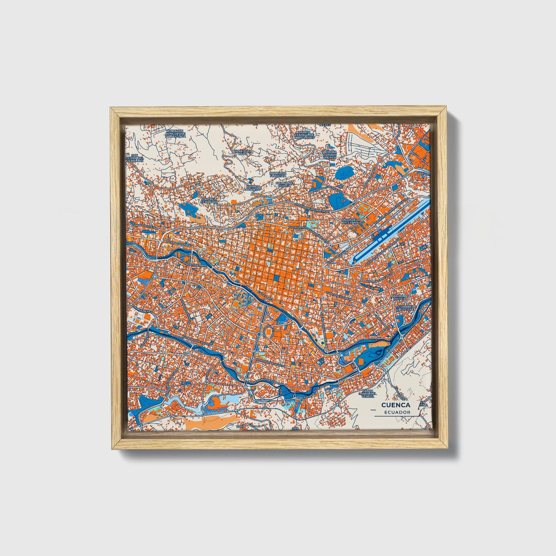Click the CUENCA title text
[396, 405]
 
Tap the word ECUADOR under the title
[397, 412]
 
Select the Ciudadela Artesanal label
[351, 221]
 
